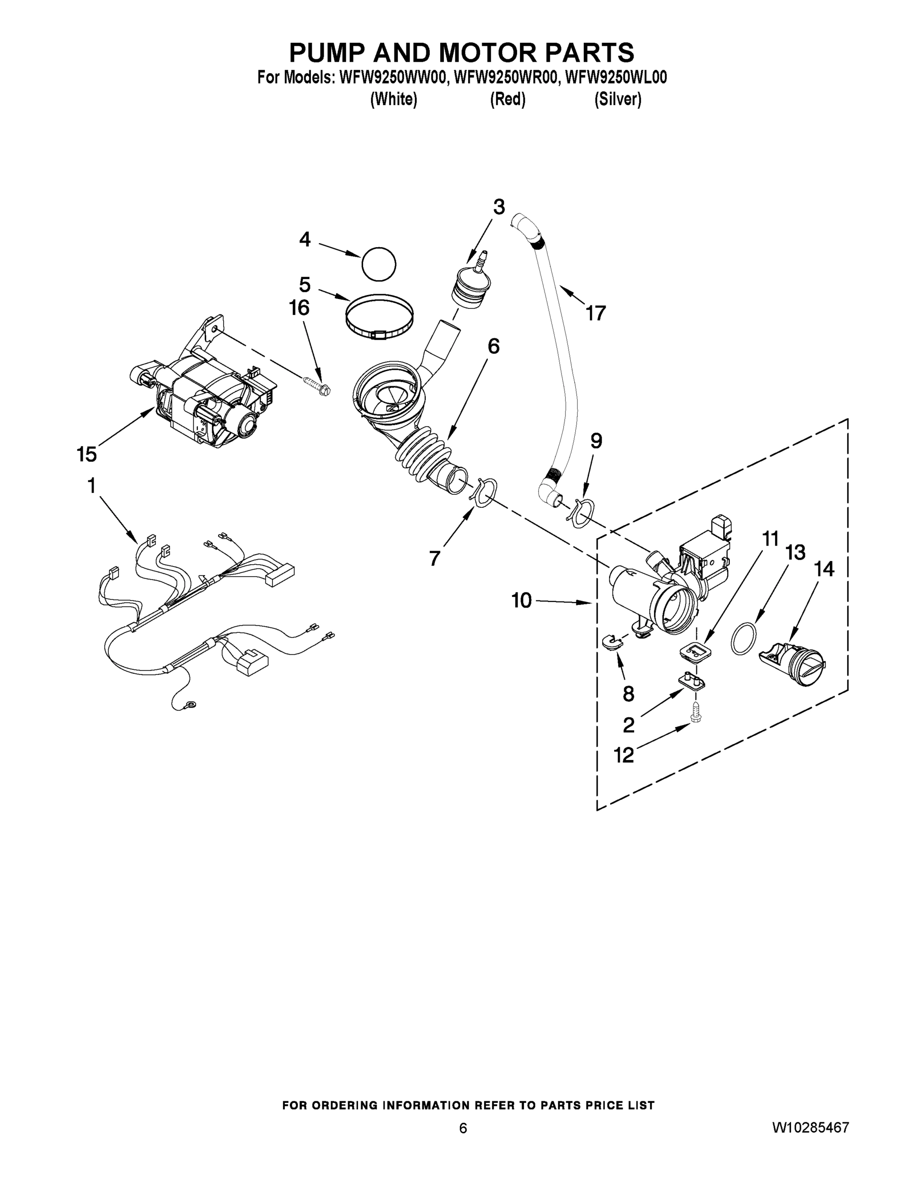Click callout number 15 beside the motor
87,453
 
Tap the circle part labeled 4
379,265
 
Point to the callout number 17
596,313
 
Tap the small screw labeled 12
696,712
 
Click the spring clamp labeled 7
484,491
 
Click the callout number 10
521,600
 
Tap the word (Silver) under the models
618,99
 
